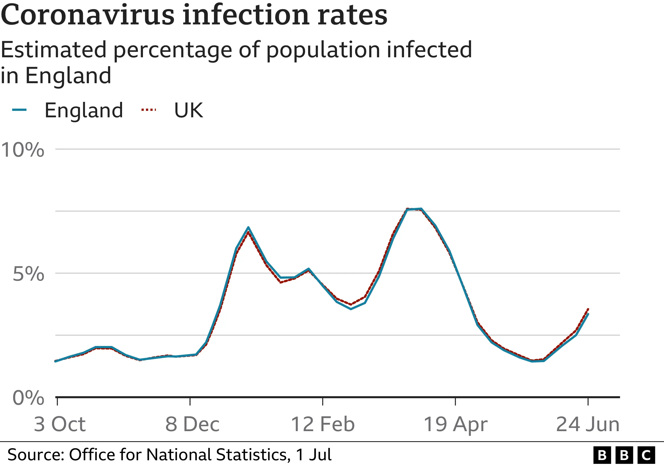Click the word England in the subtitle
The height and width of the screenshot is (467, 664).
click(x=68, y=76)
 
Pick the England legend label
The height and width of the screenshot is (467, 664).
click(x=84, y=110)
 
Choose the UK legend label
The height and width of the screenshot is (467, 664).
click(x=189, y=110)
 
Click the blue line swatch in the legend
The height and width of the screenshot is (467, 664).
click(x=19, y=110)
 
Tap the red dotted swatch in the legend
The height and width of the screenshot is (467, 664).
click(x=149, y=110)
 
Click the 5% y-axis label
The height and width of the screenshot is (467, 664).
click(x=28, y=274)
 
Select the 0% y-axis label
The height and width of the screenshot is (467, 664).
click(x=28, y=398)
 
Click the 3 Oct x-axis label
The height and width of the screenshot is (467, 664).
click(x=60, y=424)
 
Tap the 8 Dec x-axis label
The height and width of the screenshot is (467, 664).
click(x=192, y=424)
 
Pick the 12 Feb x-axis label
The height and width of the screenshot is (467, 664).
click(x=323, y=424)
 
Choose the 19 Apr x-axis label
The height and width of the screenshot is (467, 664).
click(x=456, y=424)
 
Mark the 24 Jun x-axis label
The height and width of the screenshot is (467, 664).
click(x=588, y=424)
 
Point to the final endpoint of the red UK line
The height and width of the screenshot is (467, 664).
click(x=588, y=309)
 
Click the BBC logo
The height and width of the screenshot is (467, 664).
click(x=624, y=455)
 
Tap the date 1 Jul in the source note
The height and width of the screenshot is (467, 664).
click(x=314, y=455)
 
